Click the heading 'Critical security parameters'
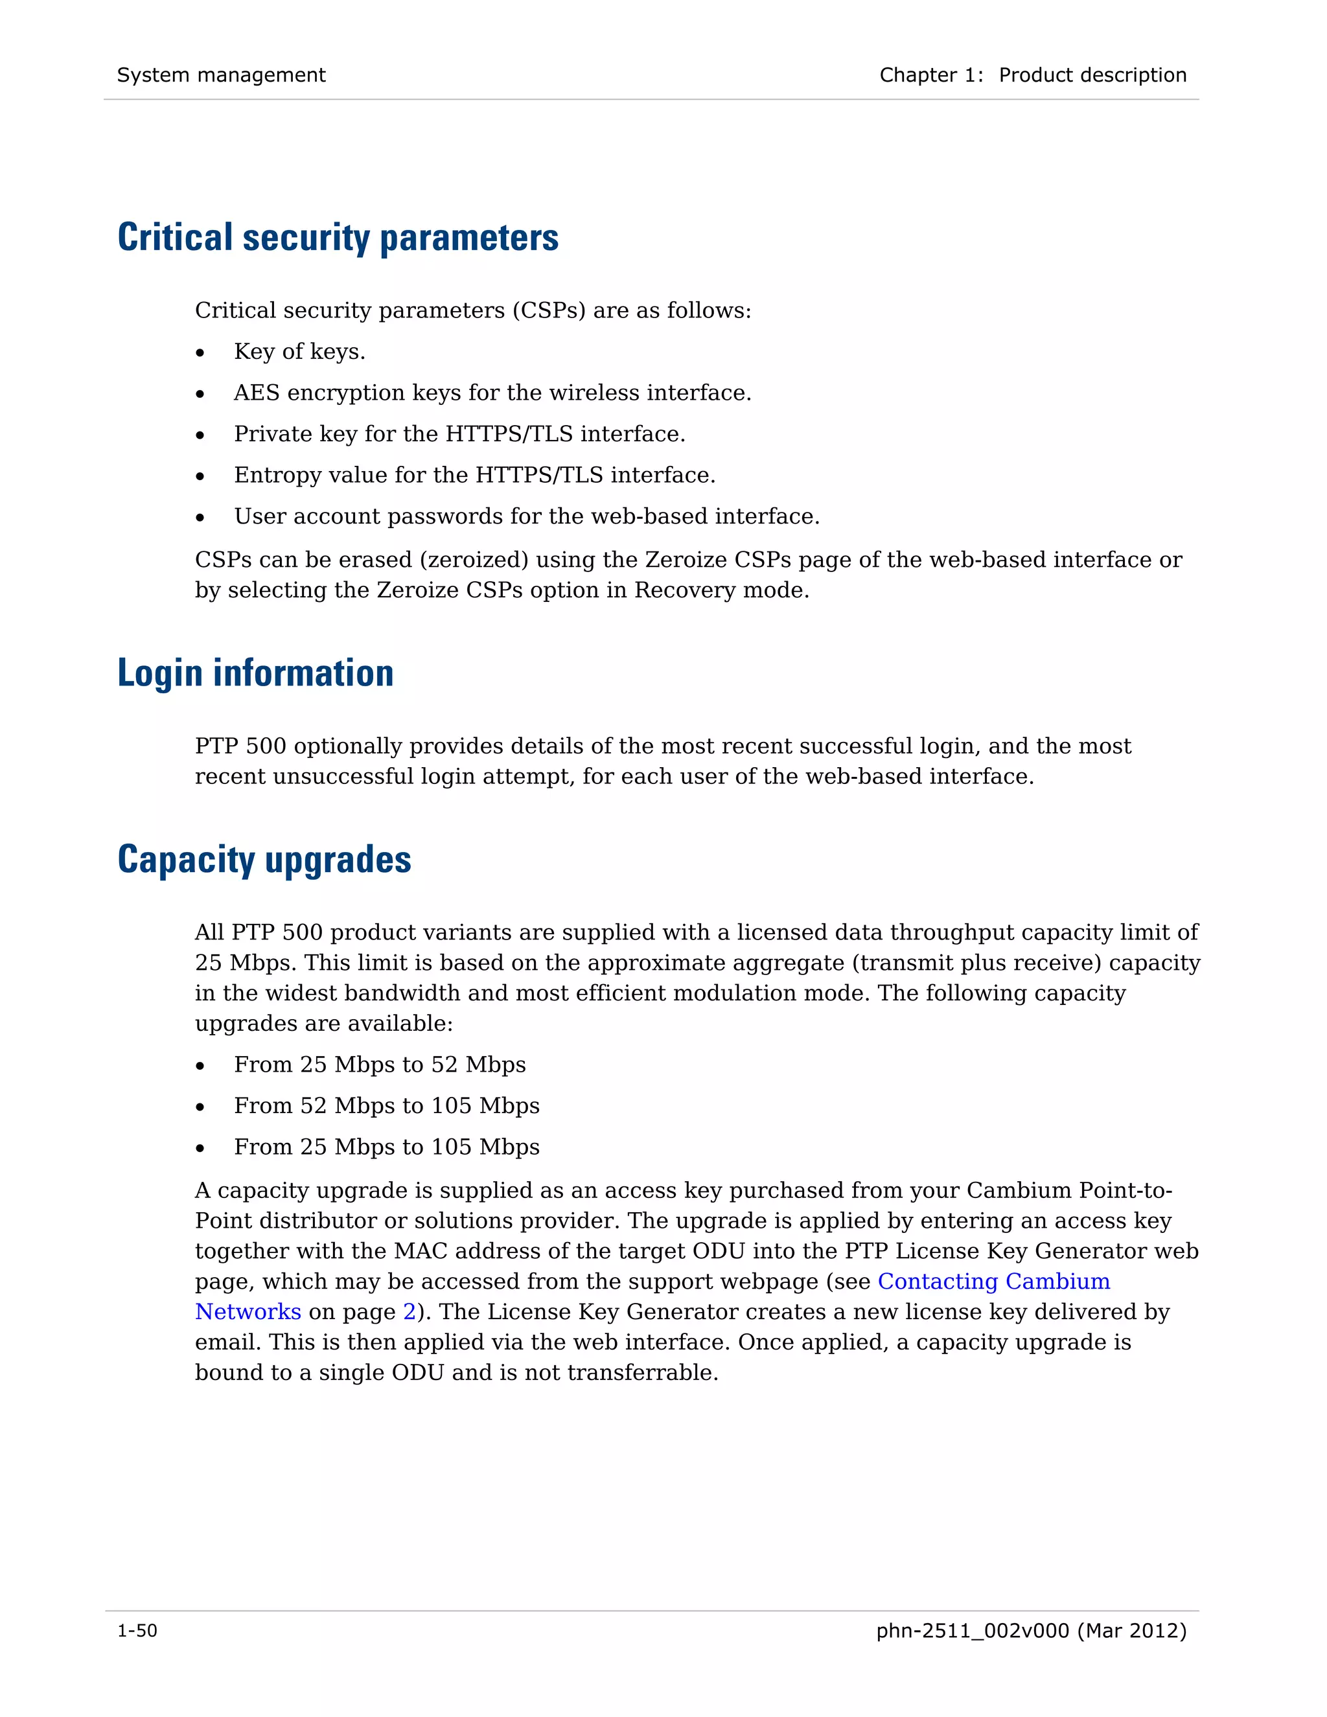click(338, 237)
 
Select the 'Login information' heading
click(255, 673)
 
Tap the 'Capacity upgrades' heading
click(264, 859)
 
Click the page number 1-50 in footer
click(137, 1631)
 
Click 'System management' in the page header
click(221, 75)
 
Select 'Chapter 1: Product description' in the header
click(1032, 75)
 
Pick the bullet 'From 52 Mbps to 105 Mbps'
click(386, 1105)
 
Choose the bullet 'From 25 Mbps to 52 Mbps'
click(380, 1065)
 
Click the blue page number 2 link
click(409, 1312)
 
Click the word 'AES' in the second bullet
click(257, 393)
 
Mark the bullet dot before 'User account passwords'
click(200, 517)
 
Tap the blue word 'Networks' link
click(248, 1312)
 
